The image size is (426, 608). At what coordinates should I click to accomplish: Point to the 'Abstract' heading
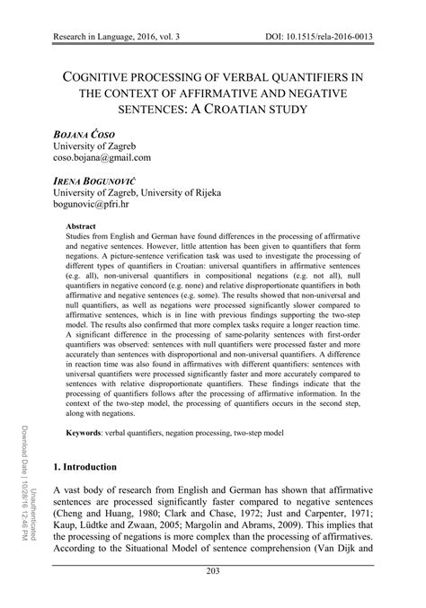[82, 229]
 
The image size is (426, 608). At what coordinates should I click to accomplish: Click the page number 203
[213, 597]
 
